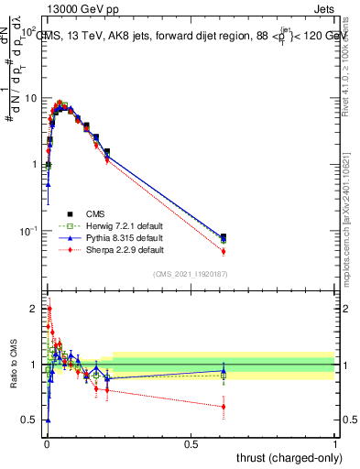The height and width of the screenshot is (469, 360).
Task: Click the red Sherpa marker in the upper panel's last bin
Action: point(224,251)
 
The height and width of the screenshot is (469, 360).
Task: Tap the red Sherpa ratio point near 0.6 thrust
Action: point(224,407)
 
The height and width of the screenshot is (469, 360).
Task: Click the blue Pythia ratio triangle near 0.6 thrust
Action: point(224,371)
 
